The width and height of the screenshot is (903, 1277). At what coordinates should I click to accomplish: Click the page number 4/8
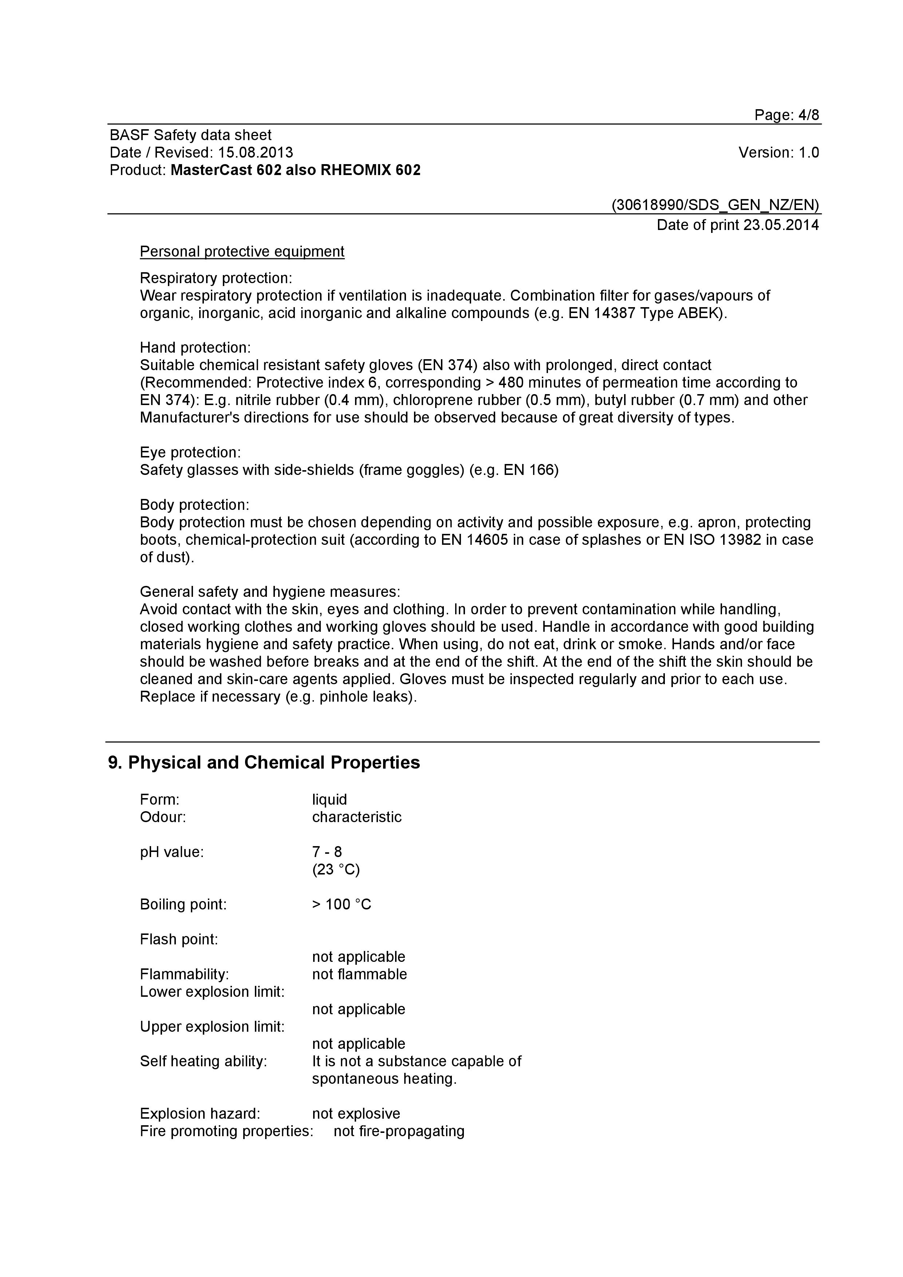[x=808, y=115]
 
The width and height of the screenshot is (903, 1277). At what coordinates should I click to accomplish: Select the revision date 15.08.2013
[x=255, y=152]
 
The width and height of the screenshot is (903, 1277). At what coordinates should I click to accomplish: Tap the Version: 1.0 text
[x=778, y=152]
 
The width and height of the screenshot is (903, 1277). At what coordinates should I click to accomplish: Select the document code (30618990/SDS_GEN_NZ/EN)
[x=715, y=205]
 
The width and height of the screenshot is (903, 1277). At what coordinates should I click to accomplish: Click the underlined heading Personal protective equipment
[x=242, y=251]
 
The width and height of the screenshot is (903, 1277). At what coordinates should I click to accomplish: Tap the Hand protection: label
[x=195, y=348]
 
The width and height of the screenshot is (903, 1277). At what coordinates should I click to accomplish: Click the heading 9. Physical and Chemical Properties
[x=264, y=762]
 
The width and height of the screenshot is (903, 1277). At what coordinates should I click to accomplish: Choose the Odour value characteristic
[x=356, y=817]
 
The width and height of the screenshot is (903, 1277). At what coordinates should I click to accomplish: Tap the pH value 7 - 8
[x=327, y=852]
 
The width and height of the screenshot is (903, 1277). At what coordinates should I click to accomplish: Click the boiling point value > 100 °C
[x=341, y=904]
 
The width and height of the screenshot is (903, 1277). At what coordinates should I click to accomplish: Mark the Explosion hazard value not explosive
[x=356, y=1114]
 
